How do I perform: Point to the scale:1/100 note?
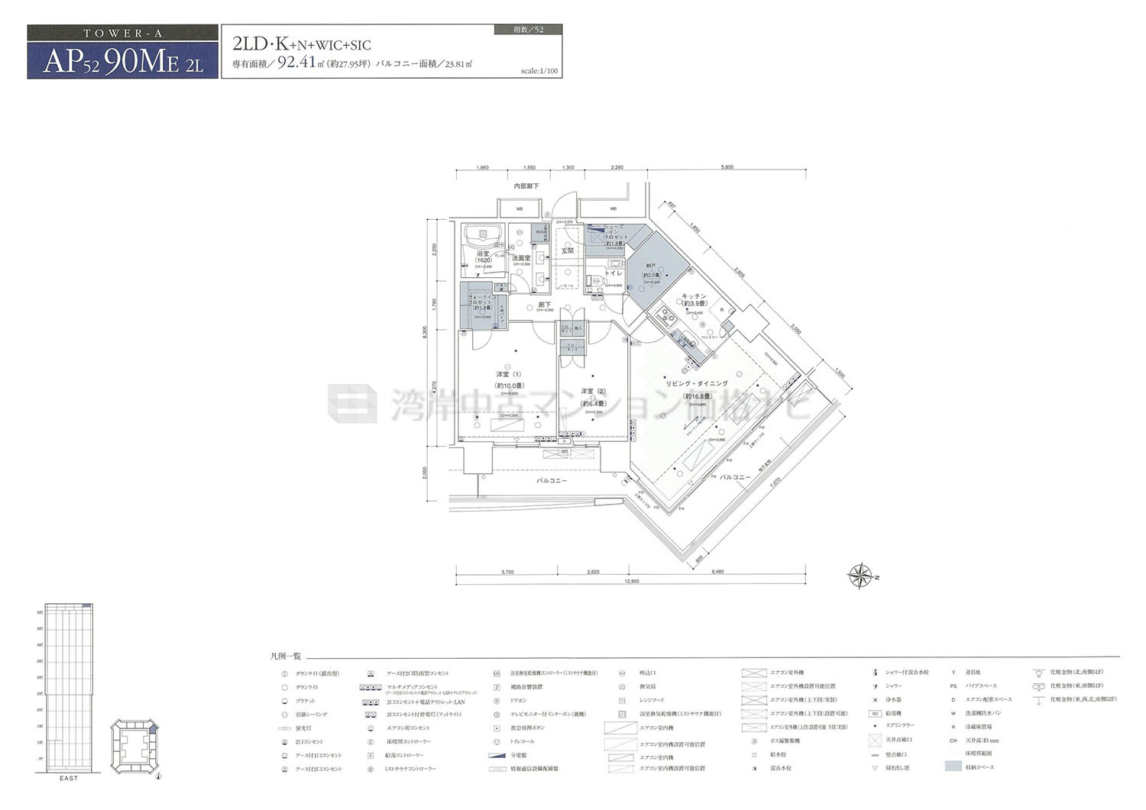(x=539, y=71)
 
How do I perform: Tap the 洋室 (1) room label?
(x=508, y=374)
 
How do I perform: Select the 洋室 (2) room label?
(x=592, y=391)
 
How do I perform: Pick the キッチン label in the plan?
(x=694, y=295)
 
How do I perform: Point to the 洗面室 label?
(x=521, y=258)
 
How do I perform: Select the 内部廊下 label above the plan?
(x=526, y=186)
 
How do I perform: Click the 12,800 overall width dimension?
(x=630, y=581)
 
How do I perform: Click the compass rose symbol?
(x=862, y=576)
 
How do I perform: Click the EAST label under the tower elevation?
(x=68, y=778)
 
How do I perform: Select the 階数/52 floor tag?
(x=529, y=30)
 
